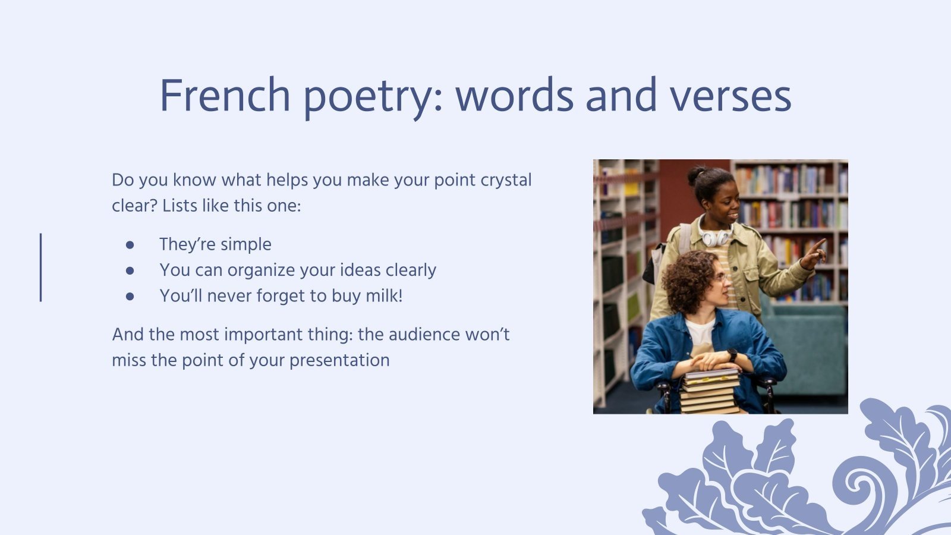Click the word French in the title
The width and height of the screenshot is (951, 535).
(x=224, y=96)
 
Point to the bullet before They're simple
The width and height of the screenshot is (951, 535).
(x=130, y=244)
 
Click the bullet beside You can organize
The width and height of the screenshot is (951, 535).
(x=130, y=270)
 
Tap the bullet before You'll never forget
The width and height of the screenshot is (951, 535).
(x=130, y=296)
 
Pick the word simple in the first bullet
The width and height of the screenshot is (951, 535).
(x=245, y=244)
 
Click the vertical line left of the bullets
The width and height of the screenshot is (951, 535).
(x=41, y=267)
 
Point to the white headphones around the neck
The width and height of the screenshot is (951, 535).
(x=714, y=237)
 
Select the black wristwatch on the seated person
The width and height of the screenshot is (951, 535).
(x=732, y=355)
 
